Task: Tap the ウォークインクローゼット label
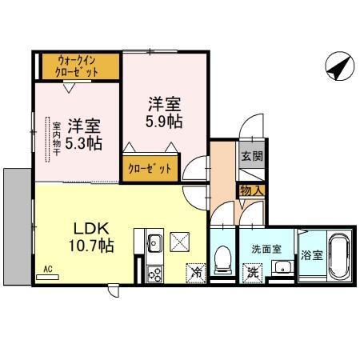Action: click(77, 66)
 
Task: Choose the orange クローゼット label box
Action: click(150, 170)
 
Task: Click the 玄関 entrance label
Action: click(250, 157)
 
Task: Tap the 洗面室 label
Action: click(266, 249)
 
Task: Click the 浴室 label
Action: click(312, 256)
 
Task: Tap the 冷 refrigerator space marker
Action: click(196, 273)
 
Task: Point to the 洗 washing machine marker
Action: click(251, 272)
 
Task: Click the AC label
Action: click(47, 269)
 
